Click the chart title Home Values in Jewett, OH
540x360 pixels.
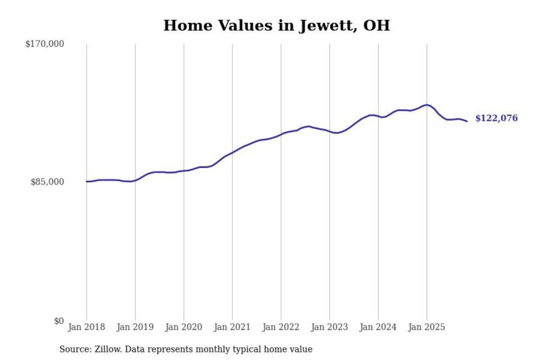pos(277,25)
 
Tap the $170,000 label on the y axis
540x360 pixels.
pos(45,44)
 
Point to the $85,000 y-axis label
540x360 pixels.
pos(47,182)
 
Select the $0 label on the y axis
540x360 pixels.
pos(59,321)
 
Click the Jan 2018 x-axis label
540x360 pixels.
pos(86,327)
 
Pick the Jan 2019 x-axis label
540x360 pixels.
pos(135,327)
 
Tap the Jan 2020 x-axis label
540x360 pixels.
pos(183,327)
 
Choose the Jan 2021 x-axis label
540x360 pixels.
pos(232,327)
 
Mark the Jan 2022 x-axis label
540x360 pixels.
pos(281,327)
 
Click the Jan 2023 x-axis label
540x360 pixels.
pos(329,327)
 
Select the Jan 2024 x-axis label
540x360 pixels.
pos(378,327)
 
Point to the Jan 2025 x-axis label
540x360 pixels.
pos(426,327)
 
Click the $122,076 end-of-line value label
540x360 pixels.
pos(496,118)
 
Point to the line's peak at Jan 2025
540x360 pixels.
pos(426,105)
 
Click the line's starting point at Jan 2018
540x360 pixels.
pos(87,181)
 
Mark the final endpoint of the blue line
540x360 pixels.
pos(467,121)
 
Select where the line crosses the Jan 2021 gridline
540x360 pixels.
pos(232,152)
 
